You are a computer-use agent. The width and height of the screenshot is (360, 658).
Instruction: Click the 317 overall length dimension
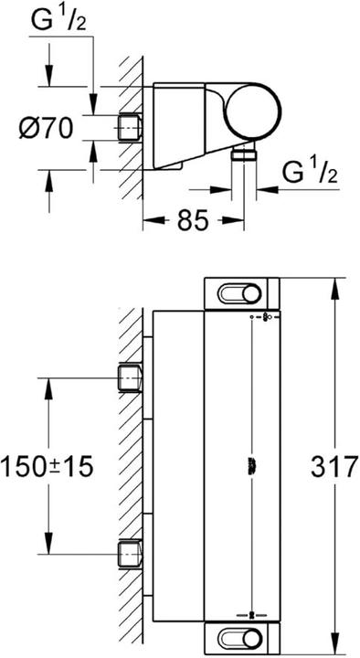coord(334,466)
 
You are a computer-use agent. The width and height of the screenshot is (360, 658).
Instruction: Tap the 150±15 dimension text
coord(47,466)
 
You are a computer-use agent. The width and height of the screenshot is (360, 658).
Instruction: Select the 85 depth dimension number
coord(193,220)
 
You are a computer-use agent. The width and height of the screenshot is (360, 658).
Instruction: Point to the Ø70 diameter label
coord(47,128)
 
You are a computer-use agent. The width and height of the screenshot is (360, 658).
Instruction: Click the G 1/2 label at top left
coord(58,21)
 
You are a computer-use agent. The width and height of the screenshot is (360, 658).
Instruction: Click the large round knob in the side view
coord(253,111)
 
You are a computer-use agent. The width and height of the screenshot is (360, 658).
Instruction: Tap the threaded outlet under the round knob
coord(244,153)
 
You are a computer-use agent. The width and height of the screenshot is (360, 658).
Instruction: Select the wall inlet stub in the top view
coord(129,128)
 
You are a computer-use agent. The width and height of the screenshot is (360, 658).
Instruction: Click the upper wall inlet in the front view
coord(129,378)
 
